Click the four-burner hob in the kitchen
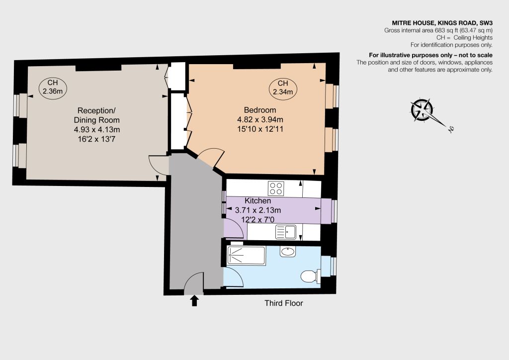(276, 188)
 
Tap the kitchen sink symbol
(286, 232)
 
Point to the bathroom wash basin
(288, 252)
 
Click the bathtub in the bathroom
(247, 256)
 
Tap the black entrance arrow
(194, 301)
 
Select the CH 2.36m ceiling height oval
(53, 87)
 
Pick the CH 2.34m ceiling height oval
(283, 88)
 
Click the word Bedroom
(260, 110)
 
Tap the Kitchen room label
(258, 200)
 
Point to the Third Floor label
(284, 303)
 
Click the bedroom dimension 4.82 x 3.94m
(260, 119)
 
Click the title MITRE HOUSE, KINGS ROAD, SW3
(442, 23)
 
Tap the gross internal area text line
(438, 30)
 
